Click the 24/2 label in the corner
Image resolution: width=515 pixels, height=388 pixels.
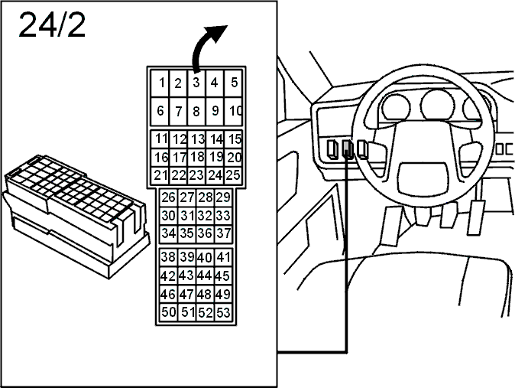[x=52, y=25]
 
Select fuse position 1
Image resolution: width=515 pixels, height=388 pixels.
[x=160, y=83]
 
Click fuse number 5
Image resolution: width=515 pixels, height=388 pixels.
[x=234, y=83]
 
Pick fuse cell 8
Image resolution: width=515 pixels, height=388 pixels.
[x=196, y=112]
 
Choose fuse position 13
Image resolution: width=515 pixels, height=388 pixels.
[x=196, y=139]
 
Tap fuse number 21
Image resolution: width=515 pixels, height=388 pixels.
[x=160, y=175]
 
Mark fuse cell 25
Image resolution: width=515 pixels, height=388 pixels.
[x=233, y=175]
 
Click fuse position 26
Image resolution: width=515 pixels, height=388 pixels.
[x=169, y=197]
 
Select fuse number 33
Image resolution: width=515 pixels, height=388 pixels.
[x=223, y=216]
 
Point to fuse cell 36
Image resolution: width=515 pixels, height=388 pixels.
[x=205, y=233]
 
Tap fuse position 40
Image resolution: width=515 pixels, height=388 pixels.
[x=205, y=257]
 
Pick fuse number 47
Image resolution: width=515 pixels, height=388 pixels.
[x=186, y=294]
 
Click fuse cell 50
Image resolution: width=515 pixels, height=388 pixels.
[x=169, y=312]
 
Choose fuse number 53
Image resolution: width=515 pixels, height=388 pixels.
[x=223, y=312]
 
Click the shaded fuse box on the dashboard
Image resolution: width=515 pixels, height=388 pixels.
[x=348, y=148]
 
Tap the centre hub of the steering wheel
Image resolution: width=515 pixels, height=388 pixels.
[x=423, y=177]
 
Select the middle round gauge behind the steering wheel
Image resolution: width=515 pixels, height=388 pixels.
[x=437, y=105]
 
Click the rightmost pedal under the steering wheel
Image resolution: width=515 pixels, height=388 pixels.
[x=476, y=217]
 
